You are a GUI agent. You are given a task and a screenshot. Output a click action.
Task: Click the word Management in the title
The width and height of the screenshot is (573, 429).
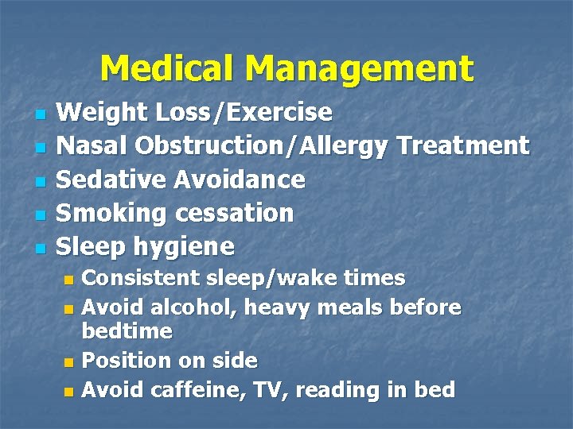pos(359,70)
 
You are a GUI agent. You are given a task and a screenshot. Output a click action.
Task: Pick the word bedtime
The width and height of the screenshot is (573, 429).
pos(127,330)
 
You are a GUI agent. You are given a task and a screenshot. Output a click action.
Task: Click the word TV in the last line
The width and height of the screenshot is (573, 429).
pos(259,389)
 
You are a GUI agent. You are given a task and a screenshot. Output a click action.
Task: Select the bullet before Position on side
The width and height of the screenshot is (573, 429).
pos(68,362)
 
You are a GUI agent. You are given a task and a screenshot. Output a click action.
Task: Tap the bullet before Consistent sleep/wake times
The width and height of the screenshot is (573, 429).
pos(68,280)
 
